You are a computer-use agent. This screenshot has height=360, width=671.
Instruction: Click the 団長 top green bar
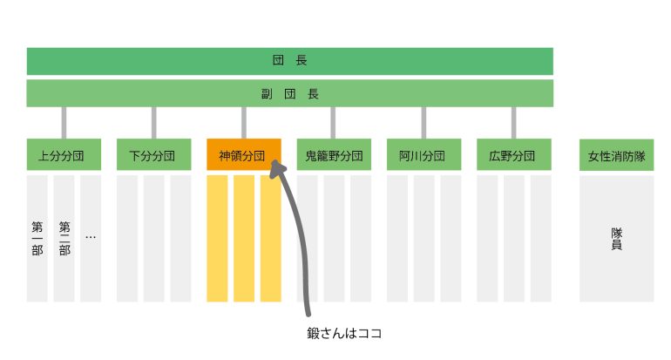pos(289,61)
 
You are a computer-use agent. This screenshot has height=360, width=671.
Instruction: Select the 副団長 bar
pos(289,93)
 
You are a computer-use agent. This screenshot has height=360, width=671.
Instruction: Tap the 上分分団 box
pos(64,154)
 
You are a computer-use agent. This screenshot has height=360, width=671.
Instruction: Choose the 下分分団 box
pos(154,154)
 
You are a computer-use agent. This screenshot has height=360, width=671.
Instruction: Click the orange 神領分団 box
pos(244,154)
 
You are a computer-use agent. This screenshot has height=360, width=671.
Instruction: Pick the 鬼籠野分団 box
pos(334,154)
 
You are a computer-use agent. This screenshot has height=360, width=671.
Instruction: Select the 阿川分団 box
pos(424,154)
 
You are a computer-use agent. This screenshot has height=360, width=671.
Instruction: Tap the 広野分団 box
pos(514,154)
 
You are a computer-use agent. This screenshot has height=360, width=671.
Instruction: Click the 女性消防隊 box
pos(617,155)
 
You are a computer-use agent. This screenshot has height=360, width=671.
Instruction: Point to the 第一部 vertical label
pos(37,239)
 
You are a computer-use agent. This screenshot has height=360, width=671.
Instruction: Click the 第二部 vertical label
pos(64,239)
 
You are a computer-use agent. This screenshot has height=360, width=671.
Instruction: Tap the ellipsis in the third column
pos(91,237)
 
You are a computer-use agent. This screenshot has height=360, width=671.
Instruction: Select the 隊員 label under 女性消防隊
pos(617,239)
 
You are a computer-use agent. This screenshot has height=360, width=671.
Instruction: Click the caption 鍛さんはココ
pos(344,333)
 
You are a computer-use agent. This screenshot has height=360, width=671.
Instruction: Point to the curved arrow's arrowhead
pos(277,167)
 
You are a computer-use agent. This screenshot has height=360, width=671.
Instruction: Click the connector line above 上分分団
pos(64,123)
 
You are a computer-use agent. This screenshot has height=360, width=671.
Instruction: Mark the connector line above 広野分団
pos(513,123)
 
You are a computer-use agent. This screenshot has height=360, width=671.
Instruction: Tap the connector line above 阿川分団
pos(424,123)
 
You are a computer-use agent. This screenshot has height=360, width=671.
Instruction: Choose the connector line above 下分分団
pos(153,123)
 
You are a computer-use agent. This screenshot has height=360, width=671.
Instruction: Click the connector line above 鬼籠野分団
pos(333,123)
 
